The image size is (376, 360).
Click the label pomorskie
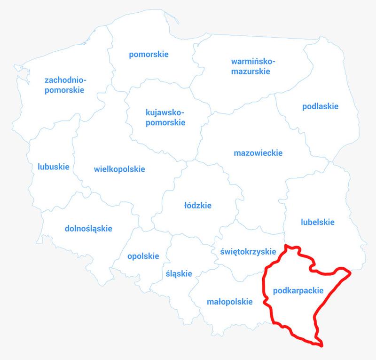[x=149, y=55]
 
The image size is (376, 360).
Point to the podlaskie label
[x=320, y=106]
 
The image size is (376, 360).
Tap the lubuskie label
[x=54, y=167]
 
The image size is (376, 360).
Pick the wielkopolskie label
[x=119, y=169]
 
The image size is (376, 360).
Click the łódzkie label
[x=198, y=205]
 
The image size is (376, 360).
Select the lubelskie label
[x=317, y=222]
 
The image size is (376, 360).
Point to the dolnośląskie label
[x=88, y=229]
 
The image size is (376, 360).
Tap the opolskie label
[x=143, y=256]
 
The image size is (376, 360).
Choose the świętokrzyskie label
[x=247, y=251]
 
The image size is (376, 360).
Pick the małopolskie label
[x=230, y=302]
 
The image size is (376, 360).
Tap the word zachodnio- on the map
[x=65, y=80]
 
